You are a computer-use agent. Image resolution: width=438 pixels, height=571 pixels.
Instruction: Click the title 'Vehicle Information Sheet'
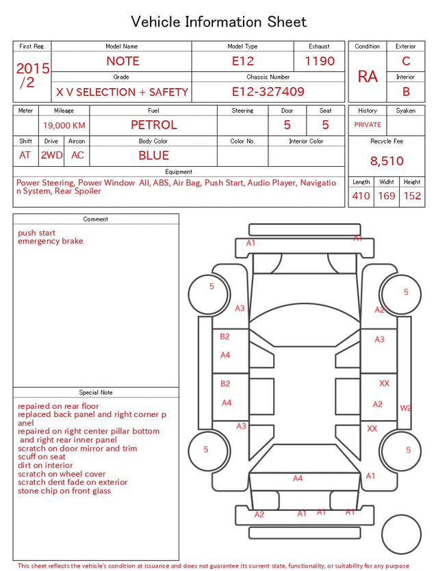pyautogui.click(x=218, y=22)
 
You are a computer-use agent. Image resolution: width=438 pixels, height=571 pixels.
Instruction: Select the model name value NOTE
pyautogui.click(x=123, y=61)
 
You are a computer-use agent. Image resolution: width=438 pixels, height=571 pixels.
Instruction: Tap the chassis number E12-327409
pyautogui.click(x=268, y=92)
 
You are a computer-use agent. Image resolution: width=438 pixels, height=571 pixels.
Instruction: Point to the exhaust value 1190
pyautogui.click(x=320, y=61)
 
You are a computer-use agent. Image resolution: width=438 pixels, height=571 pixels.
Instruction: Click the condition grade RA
pyautogui.click(x=368, y=77)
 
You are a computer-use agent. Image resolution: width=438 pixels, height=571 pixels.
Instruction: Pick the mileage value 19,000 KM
pyautogui.click(x=64, y=126)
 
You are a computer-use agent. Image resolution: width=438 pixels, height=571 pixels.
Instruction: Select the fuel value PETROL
pyautogui.click(x=154, y=125)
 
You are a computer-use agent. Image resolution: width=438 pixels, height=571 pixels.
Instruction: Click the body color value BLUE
pyautogui.click(x=154, y=155)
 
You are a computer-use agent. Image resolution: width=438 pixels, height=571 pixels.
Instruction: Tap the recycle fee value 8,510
pyautogui.click(x=387, y=161)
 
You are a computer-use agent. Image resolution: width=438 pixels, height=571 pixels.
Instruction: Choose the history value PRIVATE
pyautogui.click(x=368, y=124)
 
